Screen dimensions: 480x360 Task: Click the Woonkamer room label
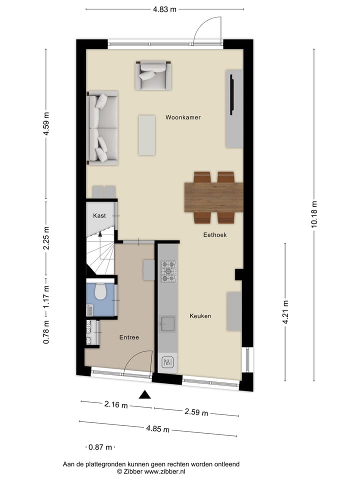pyautogui.click(x=183, y=117)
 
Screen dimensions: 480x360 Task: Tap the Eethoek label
pyautogui.click(x=215, y=234)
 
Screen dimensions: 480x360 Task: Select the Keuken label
pyautogui.click(x=200, y=316)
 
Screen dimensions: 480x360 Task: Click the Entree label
pyautogui.click(x=129, y=337)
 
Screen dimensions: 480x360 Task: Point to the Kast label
pyautogui.click(x=99, y=215)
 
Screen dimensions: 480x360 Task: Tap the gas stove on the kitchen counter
pyautogui.click(x=168, y=271)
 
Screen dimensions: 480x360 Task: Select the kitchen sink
pyautogui.click(x=167, y=323)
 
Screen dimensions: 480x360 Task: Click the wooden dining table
pyautogui.click(x=213, y=197)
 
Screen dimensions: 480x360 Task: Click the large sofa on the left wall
pyautogui.click(x=102, y=128)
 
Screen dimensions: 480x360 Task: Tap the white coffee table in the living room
pyautogui.click(x=147, y=135)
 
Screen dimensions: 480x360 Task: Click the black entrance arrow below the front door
pyautogui.click(x=145, y=394)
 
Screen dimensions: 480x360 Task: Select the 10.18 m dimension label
pyautogui.click(x=314, y=214)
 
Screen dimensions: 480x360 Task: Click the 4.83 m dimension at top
pyautogui.click(x=164, y=9)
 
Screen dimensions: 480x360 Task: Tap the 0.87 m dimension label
pyautogui.click(x=100, y=447)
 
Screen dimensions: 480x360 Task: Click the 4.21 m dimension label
pyautogui.click(x=285, y=312)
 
